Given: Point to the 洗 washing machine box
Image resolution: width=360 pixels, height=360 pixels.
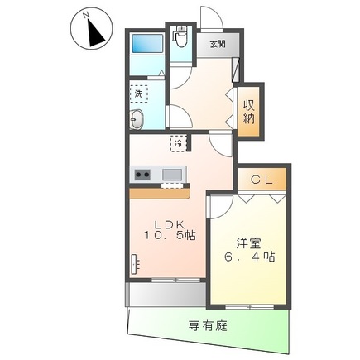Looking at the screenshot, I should (x=139, y=94).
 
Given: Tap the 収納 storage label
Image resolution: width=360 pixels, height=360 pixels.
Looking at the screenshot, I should (x=248, y=111).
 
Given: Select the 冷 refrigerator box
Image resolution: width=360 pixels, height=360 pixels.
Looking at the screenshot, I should (x=178, y=143).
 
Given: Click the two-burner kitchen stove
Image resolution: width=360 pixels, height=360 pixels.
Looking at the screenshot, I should (x=142, y=175).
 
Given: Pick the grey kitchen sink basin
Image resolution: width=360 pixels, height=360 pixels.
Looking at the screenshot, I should (x=173, y=175).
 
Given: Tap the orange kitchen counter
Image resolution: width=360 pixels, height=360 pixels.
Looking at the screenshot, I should (x=159, y=191).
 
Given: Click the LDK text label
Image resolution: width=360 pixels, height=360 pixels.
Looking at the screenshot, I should (x=169, y=223).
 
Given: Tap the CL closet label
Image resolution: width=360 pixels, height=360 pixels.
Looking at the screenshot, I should (x=262, y=178).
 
